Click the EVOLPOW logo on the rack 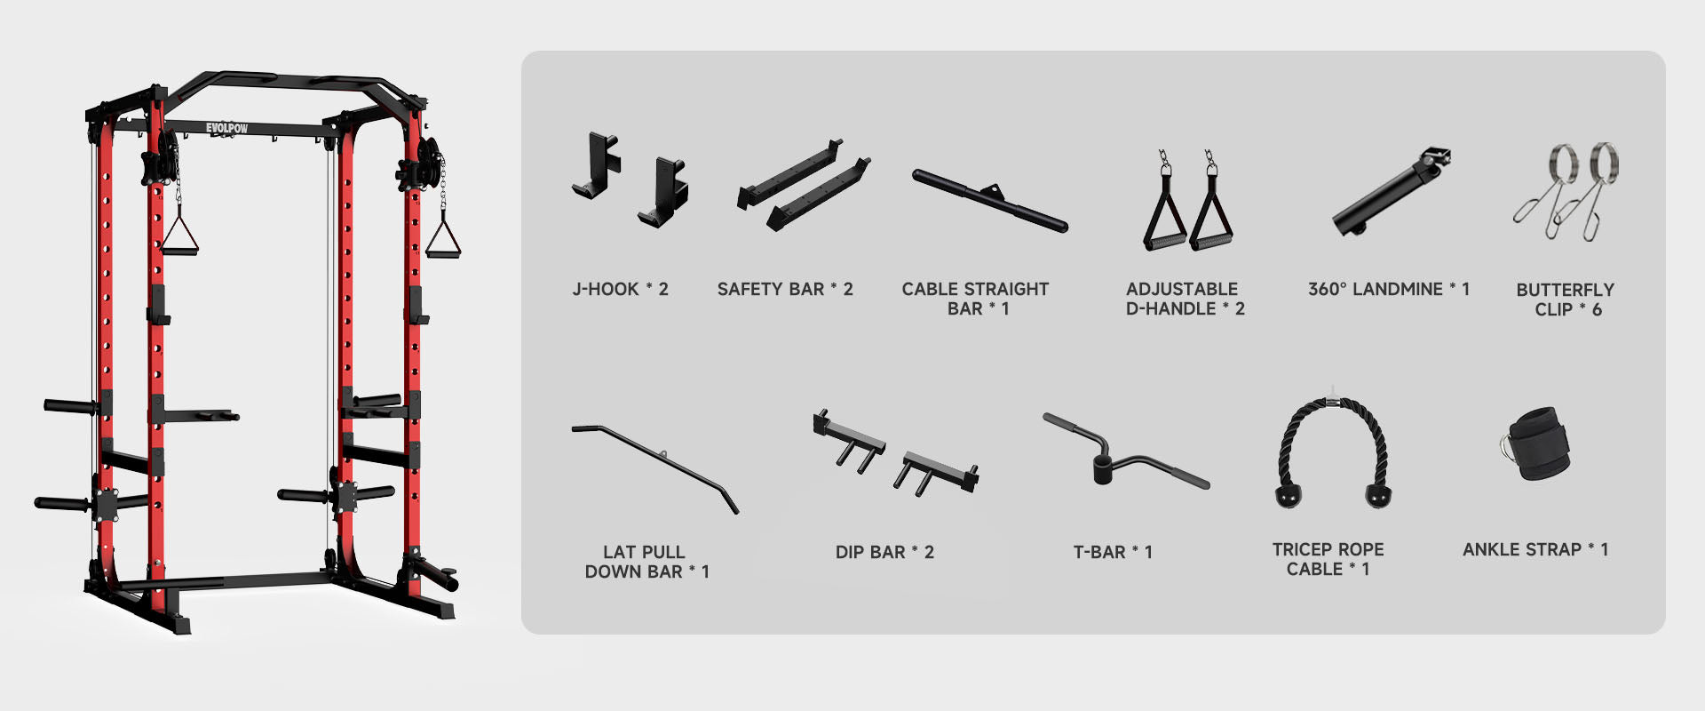coord(226,128)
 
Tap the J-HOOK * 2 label coord(620,289)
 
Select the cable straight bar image coord(990,201)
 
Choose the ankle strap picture coord(1534,443)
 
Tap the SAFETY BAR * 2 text coord(785,289)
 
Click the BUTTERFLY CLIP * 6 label coord(1566,300)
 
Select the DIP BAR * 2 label coord(884,552)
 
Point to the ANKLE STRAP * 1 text coord(1535,549)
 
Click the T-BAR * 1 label coord(1113,552)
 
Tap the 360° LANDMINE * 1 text coord(1389,289)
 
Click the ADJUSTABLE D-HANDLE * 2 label coord(1185,299)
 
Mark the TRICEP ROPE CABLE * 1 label coord(1328,559)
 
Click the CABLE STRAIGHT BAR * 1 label coord(975,299)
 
